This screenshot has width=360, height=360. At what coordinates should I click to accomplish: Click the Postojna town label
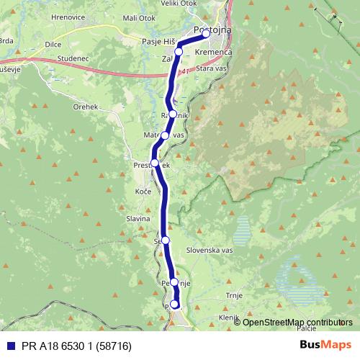[212, 27]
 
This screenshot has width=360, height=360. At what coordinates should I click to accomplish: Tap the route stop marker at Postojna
[206, 34]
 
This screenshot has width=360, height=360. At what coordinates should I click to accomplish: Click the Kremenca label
[213, 53]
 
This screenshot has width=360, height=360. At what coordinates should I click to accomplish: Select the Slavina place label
[138, 217]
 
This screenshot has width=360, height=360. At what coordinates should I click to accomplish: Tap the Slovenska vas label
[210, 250]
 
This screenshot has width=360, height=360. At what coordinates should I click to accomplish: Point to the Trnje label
[235, 295]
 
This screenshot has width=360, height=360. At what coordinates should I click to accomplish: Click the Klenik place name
[228, 317]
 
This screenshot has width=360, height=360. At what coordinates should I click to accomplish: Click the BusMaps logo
[325, 345]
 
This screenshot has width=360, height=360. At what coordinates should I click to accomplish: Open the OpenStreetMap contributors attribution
[297, 322]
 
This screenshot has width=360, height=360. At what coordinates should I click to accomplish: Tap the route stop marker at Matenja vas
[165, 135]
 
